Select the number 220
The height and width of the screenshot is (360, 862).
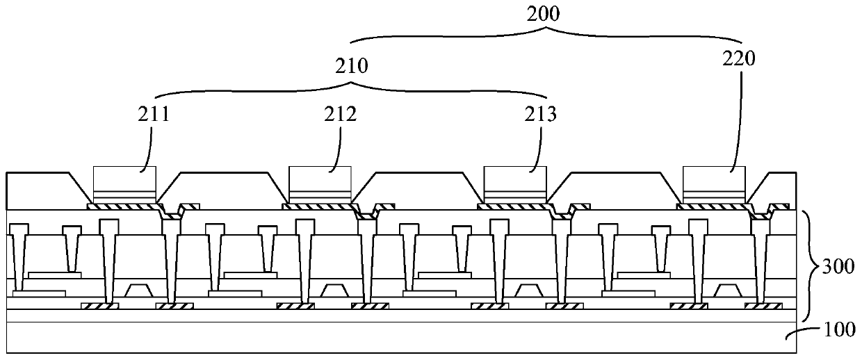click(740, 60)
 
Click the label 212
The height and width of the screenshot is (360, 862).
click(341, 114)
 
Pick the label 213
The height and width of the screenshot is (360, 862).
click(541, 114)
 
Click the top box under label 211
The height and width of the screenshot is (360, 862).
click(124, 179)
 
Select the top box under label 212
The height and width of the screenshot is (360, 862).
click(320, 179)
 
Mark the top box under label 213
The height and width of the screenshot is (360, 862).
click(515, 179)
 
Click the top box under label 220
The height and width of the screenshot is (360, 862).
click(715, 179)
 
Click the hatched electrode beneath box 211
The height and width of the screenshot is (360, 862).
click(125, 206)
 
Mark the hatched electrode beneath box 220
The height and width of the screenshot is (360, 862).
click(714, 206)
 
